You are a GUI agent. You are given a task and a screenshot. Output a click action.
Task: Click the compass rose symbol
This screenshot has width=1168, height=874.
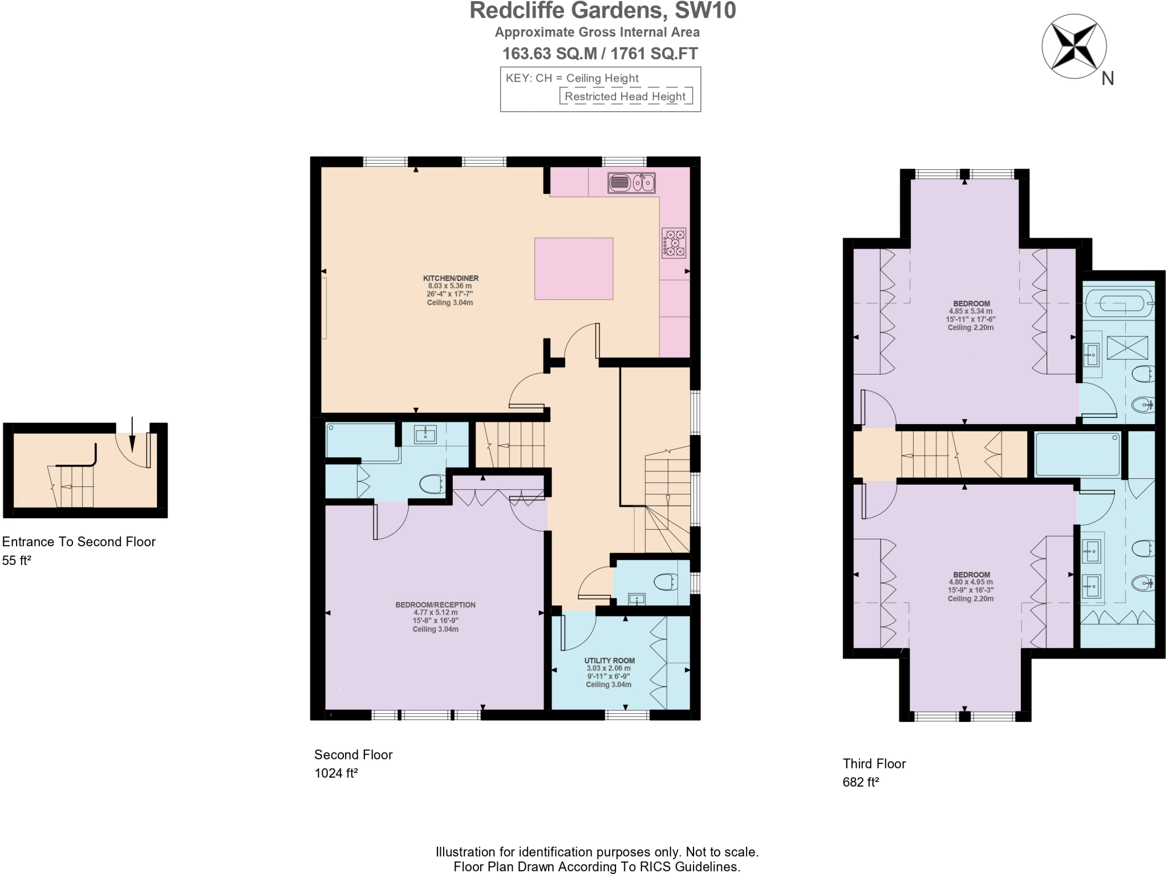point(1074,46)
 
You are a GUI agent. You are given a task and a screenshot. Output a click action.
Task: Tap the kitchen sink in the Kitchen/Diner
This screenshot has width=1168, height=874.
point(631,183)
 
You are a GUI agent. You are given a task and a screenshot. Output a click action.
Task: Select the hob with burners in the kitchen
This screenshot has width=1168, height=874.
point(674,243)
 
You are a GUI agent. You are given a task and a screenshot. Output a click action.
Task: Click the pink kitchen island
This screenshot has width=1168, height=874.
point(573,269)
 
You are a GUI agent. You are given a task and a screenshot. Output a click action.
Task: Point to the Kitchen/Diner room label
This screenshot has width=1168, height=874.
point(451,278)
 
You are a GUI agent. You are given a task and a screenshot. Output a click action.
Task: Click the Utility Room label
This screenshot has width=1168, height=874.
point(609,660)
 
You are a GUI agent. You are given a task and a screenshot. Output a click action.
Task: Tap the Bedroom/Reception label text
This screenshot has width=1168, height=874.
point(435,605)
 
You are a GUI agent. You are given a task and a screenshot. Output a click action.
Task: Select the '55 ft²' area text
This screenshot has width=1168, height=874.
point(17,560)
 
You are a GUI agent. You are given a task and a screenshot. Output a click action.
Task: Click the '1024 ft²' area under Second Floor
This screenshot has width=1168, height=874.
point(336,773)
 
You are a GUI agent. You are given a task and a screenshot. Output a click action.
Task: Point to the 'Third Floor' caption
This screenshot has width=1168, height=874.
point(874,763)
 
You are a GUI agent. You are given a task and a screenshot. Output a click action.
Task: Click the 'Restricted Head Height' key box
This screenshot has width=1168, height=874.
point(626,96)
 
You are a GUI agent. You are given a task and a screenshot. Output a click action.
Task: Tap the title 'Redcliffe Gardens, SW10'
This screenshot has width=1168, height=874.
point(602,11)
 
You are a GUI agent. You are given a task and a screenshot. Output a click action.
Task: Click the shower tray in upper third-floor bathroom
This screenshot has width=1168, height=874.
point(1126,348)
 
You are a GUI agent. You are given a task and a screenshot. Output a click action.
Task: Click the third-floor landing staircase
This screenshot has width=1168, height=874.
point(935,454)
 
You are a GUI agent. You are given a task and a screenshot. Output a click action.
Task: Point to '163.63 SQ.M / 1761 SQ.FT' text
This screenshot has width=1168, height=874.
point(599,54)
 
